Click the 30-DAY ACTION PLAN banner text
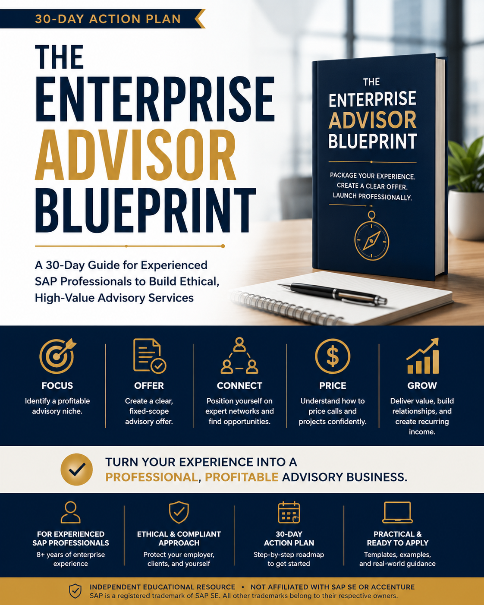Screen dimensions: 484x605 point(108,19)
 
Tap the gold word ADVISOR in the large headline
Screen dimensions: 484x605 point(135,155)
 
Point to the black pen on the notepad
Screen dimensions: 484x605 point(332,293)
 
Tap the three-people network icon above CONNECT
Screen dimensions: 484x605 point(239,355)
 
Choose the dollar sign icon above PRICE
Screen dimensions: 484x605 point(333,356)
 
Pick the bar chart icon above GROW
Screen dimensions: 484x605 point(422,356)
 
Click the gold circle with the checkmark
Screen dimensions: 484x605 point(76,470)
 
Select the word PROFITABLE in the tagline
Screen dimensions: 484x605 point(242,477)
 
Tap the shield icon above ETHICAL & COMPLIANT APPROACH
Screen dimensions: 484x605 point(179,512)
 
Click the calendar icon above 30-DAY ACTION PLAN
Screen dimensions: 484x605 point(289,512)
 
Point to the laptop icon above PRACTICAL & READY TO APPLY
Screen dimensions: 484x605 point(397,512)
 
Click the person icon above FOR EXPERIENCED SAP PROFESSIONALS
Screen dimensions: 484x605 point(71,512)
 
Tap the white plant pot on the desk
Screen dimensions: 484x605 point(467,214)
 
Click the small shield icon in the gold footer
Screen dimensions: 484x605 point(75,591)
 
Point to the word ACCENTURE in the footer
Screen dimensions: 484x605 point(393,587)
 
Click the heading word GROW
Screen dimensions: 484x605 point(422,385)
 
